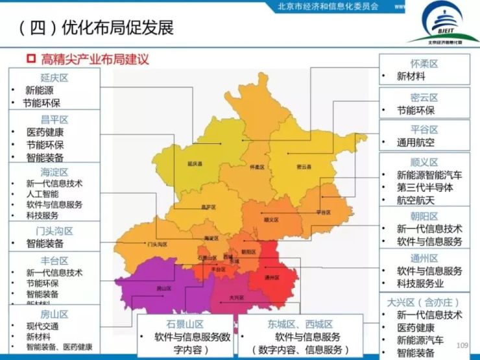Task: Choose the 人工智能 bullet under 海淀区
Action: pos(42,194)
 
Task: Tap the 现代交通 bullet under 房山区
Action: pos(42,326)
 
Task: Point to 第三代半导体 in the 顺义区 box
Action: pos(425,187)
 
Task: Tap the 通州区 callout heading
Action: pos(424,258)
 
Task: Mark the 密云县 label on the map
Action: pos(304,167)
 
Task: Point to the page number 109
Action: pos(462,345)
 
